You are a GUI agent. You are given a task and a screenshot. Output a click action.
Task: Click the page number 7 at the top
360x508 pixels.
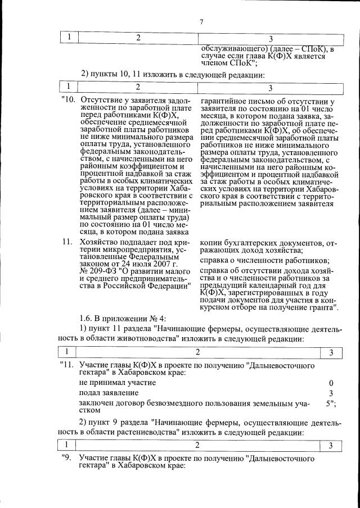[201, 22]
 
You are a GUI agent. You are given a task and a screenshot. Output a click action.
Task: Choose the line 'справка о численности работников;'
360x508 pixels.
[264, 260]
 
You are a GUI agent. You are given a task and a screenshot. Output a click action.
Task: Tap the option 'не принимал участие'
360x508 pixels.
[114, 382]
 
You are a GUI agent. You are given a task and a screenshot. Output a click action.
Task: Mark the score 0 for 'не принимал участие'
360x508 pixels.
[331, 382]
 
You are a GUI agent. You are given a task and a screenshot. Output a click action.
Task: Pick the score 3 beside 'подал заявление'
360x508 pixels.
[331, 393]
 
